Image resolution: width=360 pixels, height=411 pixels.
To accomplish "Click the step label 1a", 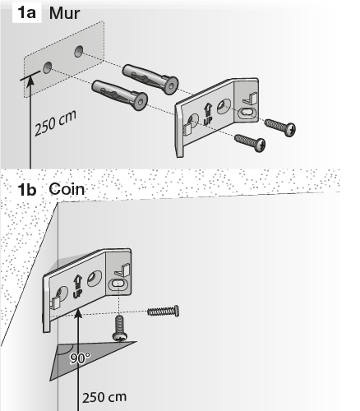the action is [x=26, y=12].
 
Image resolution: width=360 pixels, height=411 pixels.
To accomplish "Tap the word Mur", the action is [x=64, y=13].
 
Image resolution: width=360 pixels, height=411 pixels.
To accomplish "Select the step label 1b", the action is [x=27, y=190].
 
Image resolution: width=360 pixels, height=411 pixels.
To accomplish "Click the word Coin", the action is [x=67, y=189].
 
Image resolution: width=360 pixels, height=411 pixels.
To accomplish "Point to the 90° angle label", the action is [x=80, y=358].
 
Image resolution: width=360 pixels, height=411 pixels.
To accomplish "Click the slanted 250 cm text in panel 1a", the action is [x=55, y=123].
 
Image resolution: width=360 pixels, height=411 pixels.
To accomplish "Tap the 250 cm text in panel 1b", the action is [x=104, y=398].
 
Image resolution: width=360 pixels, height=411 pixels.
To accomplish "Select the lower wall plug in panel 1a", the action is [x=119, y=95].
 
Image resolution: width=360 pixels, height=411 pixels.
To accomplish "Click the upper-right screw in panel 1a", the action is [x=280, y=127].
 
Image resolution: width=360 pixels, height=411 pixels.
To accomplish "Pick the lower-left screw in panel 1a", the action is [x=250, y=143].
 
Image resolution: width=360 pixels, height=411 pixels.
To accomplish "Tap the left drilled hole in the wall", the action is [x=47, y=67].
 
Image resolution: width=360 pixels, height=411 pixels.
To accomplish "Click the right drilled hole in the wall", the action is [x=79, y=51].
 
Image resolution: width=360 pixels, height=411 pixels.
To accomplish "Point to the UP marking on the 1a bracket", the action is [x=208, y=114].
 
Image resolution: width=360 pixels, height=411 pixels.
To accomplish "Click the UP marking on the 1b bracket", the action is [x=77, y=287].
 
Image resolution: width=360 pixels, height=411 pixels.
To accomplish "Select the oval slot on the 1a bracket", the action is [x=248, y=113].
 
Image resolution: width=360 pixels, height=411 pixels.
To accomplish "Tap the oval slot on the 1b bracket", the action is [x=119, y=284].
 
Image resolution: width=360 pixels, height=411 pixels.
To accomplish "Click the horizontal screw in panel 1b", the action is [x=164, y=312].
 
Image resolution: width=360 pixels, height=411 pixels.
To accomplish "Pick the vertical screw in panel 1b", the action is [x=119, y=329].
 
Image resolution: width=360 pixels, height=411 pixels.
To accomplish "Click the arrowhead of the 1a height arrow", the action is [x=30, y=81].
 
